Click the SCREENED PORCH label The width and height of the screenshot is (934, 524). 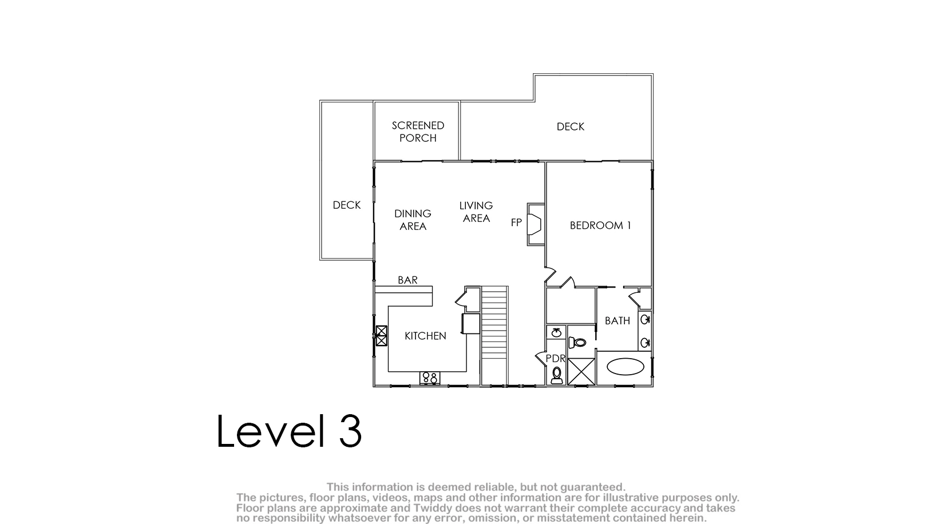418,132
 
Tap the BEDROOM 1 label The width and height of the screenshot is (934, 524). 600,225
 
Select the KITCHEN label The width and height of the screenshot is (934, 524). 425,336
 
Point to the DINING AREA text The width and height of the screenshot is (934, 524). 413,220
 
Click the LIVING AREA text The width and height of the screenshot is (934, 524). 476,212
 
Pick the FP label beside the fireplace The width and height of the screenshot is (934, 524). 516,223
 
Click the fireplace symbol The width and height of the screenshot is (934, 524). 536,224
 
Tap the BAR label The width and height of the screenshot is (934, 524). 407,280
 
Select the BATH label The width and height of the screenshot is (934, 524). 617,321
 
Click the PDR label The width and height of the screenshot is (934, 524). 555,359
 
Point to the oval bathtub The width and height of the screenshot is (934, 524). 626,367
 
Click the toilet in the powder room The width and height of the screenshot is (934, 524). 557,375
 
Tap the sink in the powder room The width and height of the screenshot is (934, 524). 556,333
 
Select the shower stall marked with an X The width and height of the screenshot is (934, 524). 581,371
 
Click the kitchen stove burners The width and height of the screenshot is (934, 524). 429,378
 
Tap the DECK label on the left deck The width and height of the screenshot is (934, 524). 346,205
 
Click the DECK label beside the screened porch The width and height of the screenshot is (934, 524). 571,127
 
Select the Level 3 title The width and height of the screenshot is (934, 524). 289,431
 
